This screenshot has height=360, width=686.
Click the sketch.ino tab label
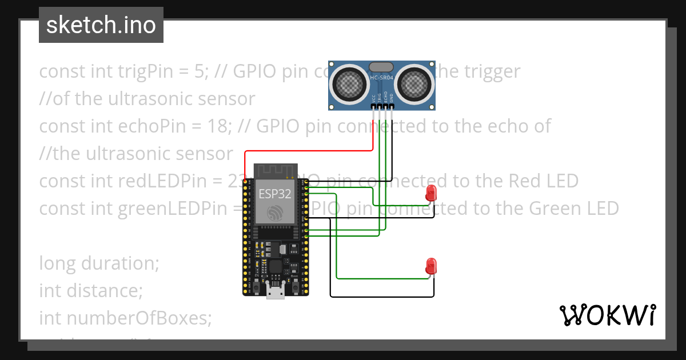coord(101,25)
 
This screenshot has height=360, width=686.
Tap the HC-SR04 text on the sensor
coord(382,78)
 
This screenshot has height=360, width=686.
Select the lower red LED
coord(431,266)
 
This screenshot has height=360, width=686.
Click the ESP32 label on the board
coord(275,193)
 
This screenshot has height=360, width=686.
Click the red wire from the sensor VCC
coord(309,151)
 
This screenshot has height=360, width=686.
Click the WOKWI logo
coord(608,315)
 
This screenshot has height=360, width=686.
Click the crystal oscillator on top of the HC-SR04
coord(381,67)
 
